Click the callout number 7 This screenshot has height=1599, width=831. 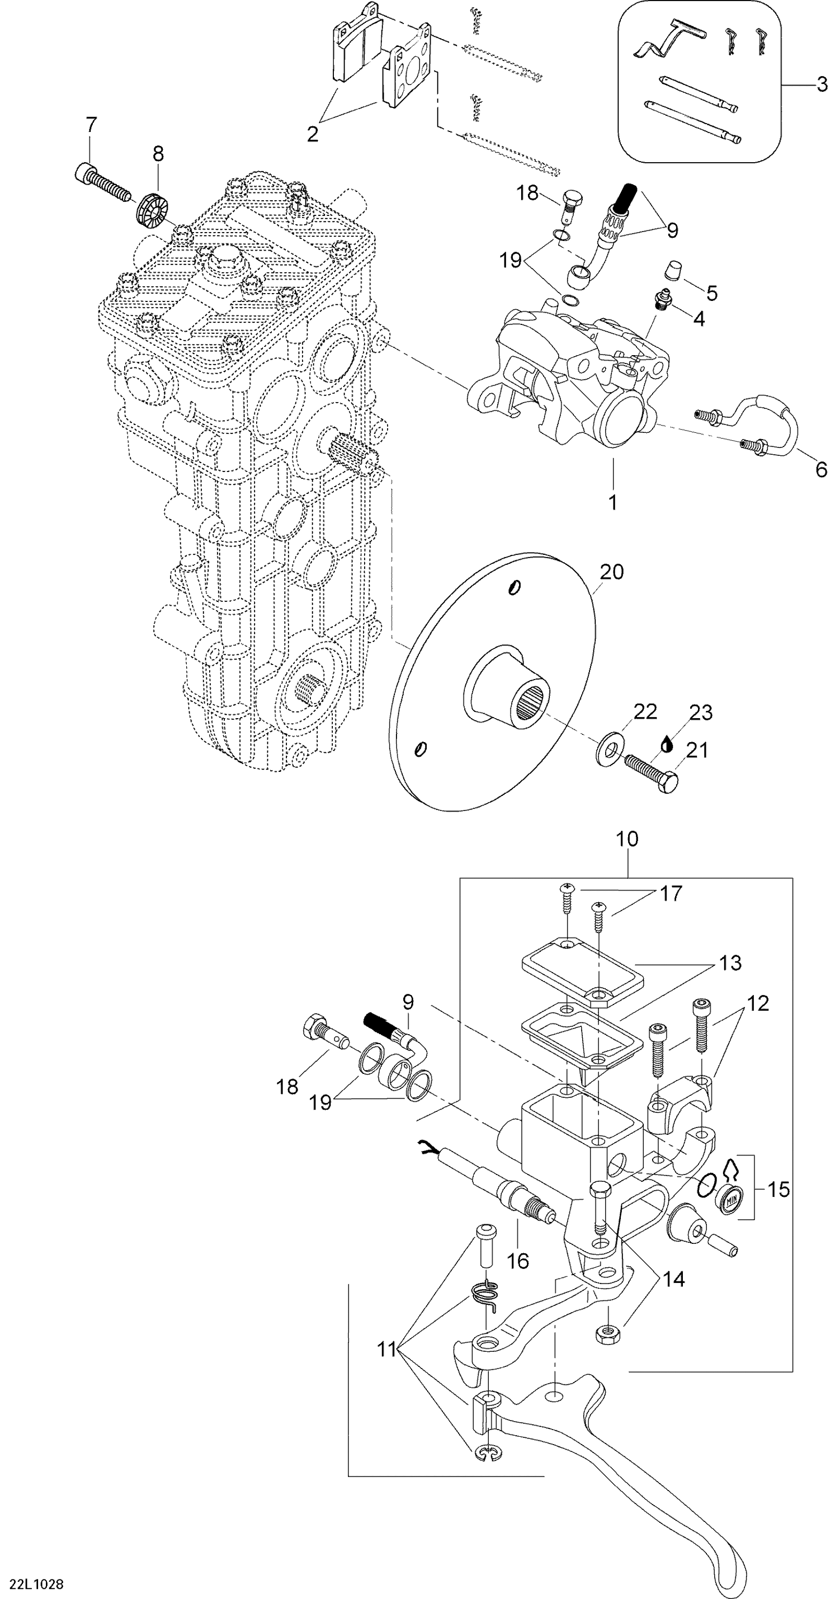(x=91, y=125)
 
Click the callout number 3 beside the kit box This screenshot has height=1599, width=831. (x=821, y=84)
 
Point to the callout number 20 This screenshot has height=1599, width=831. (x=612, y=572)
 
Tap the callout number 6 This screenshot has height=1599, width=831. (x=821, y=470)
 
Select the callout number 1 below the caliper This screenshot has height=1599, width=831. (x=613, y=502)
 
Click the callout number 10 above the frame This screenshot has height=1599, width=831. (x=627, y=839)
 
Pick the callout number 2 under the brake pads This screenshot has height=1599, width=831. (x=312, y=133)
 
